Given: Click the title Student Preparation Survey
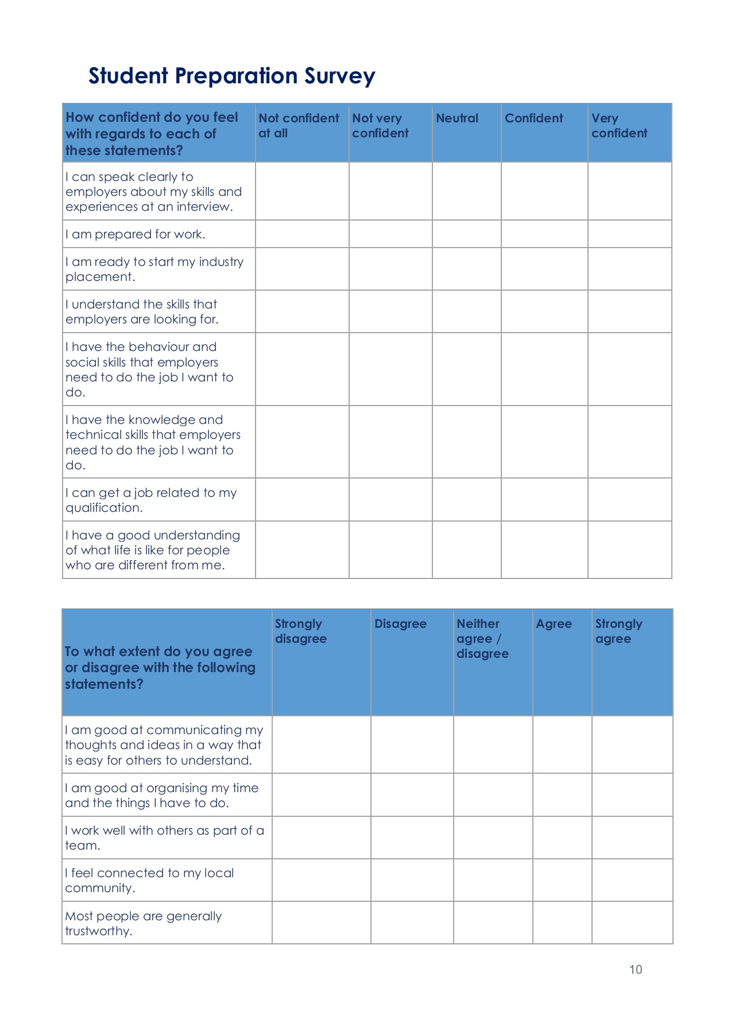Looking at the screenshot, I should click(x=231, y=76).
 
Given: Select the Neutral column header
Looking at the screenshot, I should click(x=457, y=118).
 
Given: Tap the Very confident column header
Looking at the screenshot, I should click(x=618, y=125).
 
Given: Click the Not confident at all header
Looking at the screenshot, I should click(x=299, y=125).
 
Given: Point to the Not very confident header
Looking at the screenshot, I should click(x=380, y=125).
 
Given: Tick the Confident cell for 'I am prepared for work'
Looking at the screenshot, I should click(x=544, y=234).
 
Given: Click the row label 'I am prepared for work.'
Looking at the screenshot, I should click(x=136, y=234).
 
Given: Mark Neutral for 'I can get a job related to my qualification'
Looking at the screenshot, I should click(x=466, y=500).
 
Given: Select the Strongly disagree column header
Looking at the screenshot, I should click(x=300, y=631).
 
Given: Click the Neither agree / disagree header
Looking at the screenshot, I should click(x=482, y=639).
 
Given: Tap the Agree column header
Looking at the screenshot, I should click(x=554, y=624).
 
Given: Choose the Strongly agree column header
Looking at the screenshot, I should click(x=618, y=631).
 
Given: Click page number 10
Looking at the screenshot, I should click(x=635, y=970).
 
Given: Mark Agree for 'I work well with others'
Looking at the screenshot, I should click(x=562, y=838).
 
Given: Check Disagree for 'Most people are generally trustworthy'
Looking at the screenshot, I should click(x=412, y=923).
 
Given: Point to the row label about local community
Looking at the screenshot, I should click(x=149, y=880).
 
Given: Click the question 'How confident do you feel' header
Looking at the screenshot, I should click(x=152, y=134).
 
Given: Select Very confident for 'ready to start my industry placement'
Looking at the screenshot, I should click(x=629, y=269).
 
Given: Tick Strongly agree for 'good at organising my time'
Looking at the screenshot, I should click(x=632, y=795).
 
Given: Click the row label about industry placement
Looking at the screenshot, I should click(x=154, y=269).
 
